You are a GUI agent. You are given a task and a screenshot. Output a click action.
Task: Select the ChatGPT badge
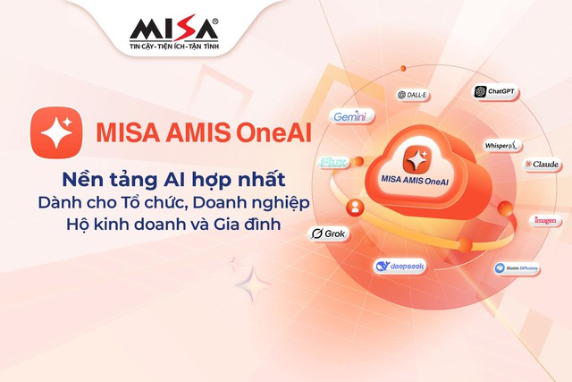[x=497, y=91]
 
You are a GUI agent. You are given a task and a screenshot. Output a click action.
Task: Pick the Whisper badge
[x=502, y=145]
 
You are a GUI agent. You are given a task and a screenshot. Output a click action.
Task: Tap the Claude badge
[x=543, y=165]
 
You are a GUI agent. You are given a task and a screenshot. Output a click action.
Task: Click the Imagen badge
[x=544, y=220]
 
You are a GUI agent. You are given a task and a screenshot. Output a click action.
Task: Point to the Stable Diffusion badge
[x=517, y=267]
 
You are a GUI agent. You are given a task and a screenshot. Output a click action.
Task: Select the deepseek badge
[x=398, y=267]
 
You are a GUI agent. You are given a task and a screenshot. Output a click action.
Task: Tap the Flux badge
[x=333, y=164]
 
